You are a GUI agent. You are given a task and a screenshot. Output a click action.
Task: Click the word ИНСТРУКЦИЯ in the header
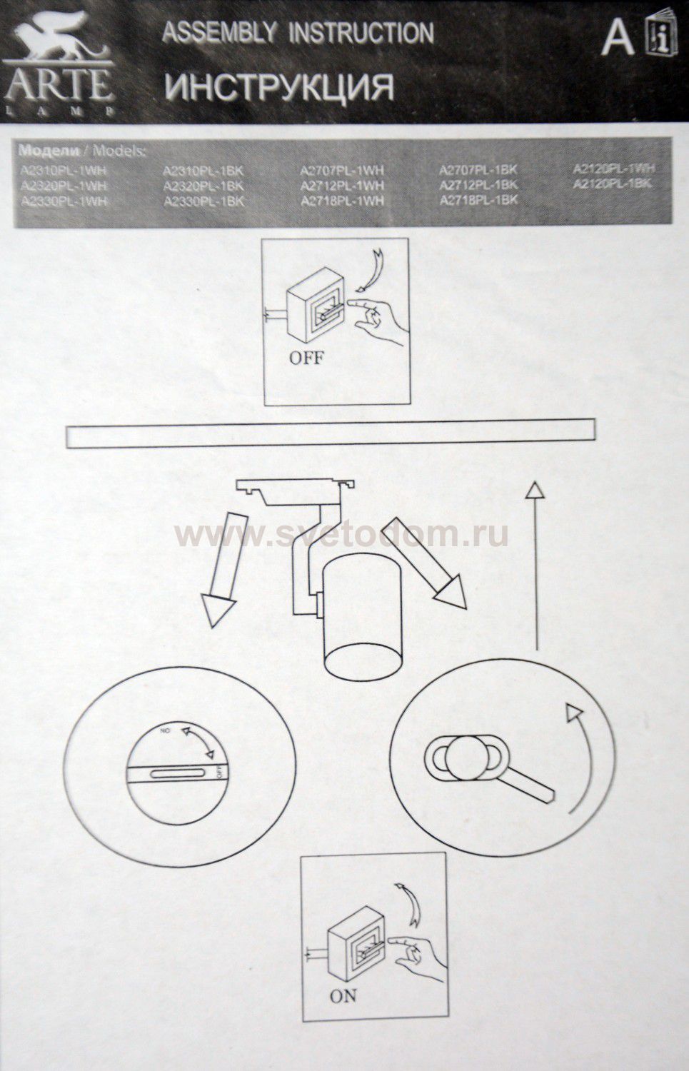pos(279,87)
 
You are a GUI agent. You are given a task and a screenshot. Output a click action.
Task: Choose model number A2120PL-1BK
pos(613,184)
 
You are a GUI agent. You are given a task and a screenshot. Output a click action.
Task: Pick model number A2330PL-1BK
pos(204,201)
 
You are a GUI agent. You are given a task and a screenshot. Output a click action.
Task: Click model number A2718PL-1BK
pos(478,201)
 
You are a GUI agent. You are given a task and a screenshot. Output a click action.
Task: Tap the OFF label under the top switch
pos(306,358)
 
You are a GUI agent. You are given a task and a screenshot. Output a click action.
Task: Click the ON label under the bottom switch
pos(343,996)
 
